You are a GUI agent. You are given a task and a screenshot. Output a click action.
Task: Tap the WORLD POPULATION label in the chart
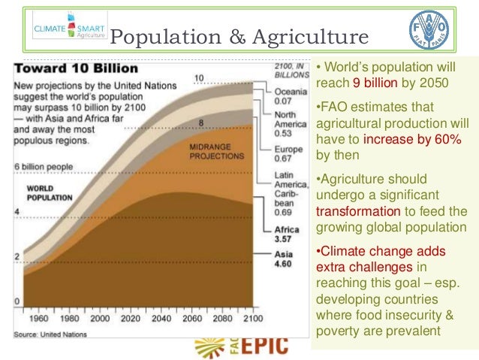pyautogui.click(x=50, y=192)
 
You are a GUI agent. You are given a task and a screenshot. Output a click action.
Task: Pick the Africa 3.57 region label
pyautogui.click(x=287, y=234)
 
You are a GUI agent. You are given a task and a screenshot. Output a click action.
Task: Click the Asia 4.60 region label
pyautogui.click(x=285, y=260)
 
